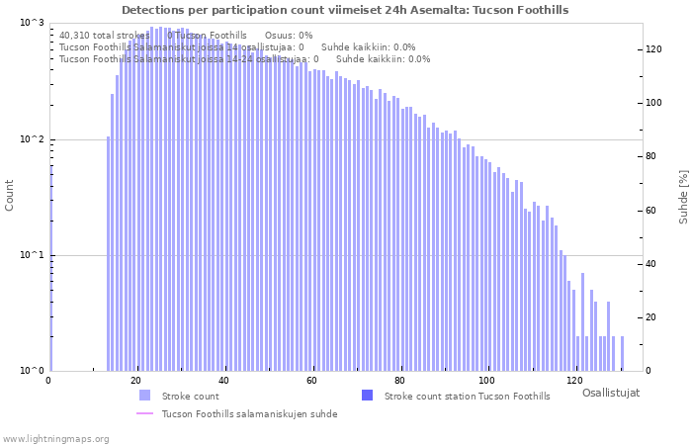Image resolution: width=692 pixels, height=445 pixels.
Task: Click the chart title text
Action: (345, 10)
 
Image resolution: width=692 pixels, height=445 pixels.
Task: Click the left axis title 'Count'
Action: (10, 195)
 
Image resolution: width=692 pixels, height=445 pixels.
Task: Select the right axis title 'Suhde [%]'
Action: (683, 195)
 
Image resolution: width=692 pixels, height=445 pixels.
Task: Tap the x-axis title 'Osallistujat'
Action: (610, 393)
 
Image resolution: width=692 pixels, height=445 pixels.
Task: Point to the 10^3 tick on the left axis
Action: (33, 23)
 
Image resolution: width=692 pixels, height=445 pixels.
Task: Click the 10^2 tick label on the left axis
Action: (33, 139)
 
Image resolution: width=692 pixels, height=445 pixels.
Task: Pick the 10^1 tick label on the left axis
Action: (33, 255)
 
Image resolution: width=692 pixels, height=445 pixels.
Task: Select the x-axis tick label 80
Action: (399, 381)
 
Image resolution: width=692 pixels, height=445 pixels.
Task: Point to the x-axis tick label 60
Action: (311, 381)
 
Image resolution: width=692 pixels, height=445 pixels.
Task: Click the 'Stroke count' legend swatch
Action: (145, 396)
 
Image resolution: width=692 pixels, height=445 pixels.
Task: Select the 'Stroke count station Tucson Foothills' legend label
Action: (467, 397)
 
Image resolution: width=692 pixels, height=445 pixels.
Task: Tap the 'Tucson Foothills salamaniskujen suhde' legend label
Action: (249, 414)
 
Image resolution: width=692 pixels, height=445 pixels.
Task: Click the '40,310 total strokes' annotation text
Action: (104, 36)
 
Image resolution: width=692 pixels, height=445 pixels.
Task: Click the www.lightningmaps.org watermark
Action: (55, 438)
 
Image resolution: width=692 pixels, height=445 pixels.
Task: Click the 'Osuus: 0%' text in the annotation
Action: (289, 36)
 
